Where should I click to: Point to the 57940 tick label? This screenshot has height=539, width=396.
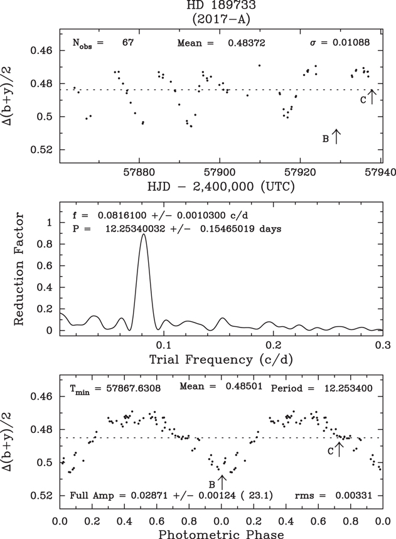pos(380,171)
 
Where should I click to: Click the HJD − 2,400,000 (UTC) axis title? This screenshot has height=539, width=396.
pos(220,186)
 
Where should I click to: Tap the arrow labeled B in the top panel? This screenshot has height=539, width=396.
pos(336,136)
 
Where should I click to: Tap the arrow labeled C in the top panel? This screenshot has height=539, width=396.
pos(372,96)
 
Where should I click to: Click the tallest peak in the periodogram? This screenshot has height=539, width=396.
pos(144,235)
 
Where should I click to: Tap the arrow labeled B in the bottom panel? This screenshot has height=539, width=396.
pos(221,482)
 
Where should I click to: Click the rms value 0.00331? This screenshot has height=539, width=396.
pos(352,496)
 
